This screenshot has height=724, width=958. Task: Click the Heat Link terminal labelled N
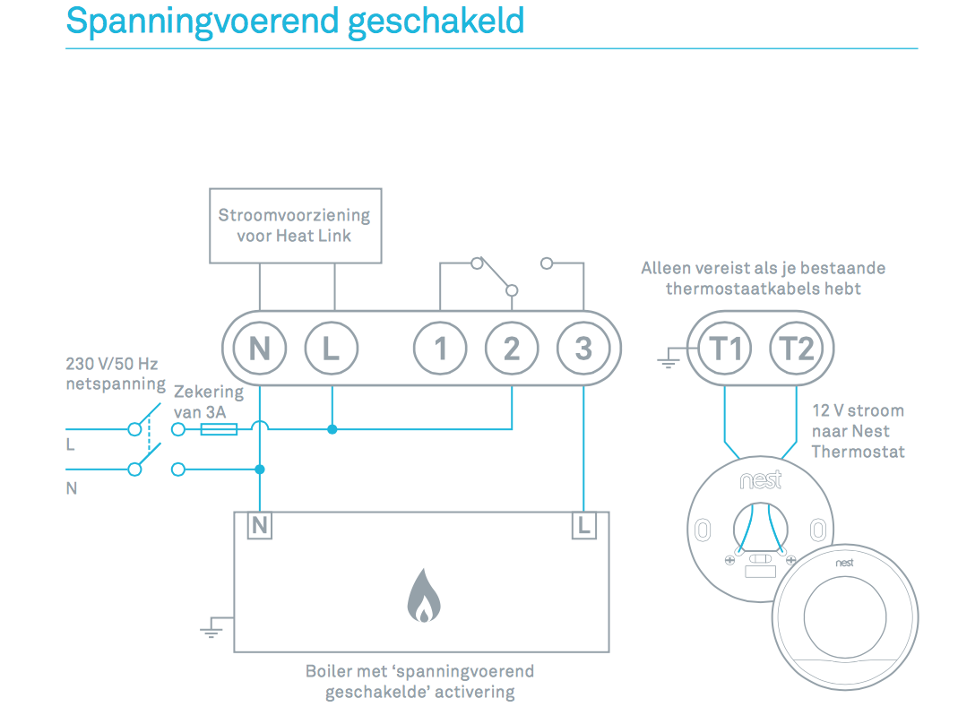[x=260, y=348]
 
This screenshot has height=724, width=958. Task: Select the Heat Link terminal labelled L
[x=332, y=348]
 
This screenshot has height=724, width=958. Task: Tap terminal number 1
[x=440, y=348]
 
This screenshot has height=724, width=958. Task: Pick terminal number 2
[x=512, y=348]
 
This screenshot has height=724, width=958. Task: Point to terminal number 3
[x=583, y=348]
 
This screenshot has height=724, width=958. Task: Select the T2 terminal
[x=797, y=348]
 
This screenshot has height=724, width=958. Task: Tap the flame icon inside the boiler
[x=421, y=598]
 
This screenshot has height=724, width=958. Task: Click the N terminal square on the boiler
[x=260, y=526]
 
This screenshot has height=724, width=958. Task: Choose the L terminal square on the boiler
[x=583, y=526]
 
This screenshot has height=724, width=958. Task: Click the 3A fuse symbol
[x=219, y=430]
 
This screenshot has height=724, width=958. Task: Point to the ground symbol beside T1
[x=668, y=361]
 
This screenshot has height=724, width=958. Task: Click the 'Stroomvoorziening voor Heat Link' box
[x=295, y=226]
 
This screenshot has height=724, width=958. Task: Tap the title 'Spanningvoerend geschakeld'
[x=295, y=21]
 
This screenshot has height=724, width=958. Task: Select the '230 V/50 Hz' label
[x=111, y=365]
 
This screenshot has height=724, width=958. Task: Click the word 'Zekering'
[x=208, y=392]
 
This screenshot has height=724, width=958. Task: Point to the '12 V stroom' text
[x=858, y=411]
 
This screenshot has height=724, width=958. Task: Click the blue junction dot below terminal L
[x=332, y=430]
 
